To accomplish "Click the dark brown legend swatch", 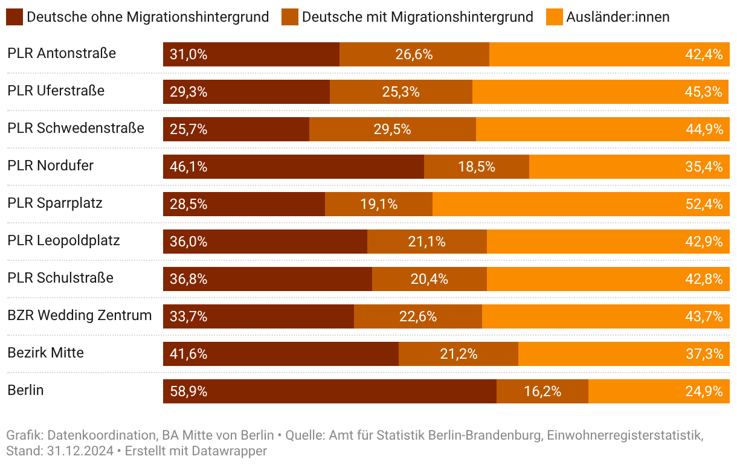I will (15, 17).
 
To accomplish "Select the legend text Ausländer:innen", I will (617, 17).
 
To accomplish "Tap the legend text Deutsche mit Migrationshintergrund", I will (417, 17).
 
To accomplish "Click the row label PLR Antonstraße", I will (62, 53).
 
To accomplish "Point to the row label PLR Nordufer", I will (51, 165).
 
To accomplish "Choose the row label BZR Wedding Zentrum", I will (80, 315).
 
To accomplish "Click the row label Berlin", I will (26, 390).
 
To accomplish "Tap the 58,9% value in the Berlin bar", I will (188, 391).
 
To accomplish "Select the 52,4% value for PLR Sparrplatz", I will (704, 204).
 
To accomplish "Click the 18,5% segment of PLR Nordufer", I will (477, 167).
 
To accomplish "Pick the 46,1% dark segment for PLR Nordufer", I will (294, 167).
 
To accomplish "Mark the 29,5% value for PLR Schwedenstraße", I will (393, 129).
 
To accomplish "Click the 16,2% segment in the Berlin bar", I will (542, 391).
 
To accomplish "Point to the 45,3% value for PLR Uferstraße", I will (704, 92).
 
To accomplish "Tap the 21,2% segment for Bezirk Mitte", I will (459, 354).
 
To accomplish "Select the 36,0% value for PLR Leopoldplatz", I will (188, 242).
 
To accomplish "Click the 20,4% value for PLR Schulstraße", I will (430, 279).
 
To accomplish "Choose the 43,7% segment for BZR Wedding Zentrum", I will (605, 316).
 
